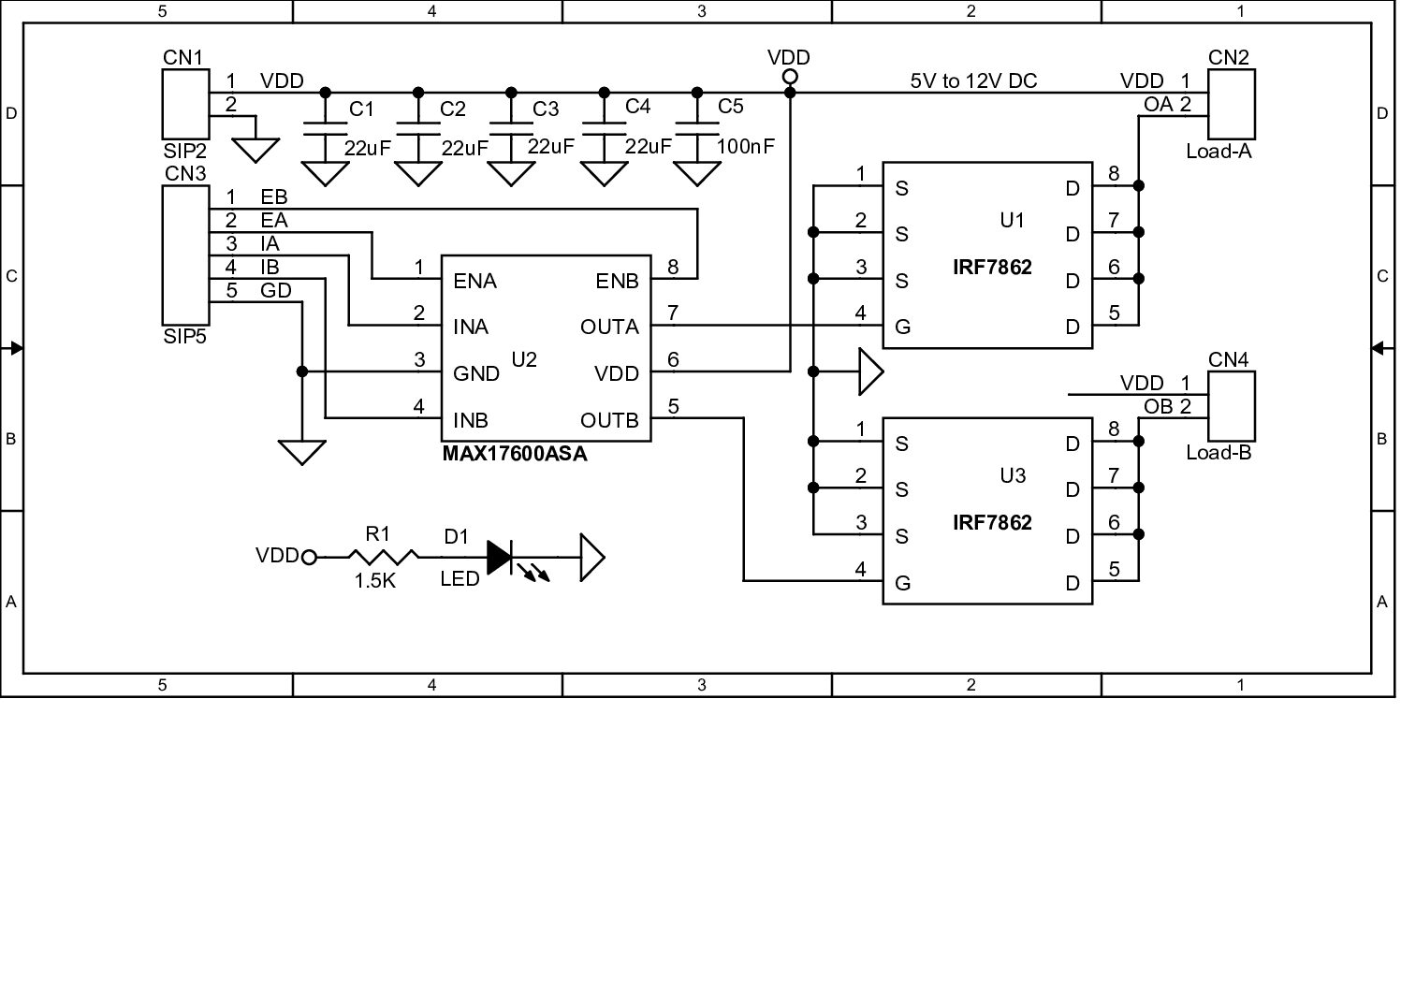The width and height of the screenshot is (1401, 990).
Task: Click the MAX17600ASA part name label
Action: coord(515,455)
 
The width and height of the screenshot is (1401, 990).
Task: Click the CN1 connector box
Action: coord(184,104)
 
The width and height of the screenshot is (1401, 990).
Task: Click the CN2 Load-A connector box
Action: coord(1232,104)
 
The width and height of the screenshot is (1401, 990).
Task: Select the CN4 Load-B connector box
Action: coord(1232,405)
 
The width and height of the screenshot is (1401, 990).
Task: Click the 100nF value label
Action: coord(746,147)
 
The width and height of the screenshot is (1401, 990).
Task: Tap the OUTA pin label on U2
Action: coord(609,328)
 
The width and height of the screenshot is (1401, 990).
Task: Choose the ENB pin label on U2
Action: coord(617,282)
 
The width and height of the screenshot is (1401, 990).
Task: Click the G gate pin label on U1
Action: coord(902,328)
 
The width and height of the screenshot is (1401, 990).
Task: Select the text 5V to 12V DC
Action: coord(973,81)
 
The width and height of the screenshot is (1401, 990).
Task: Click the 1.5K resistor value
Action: coord(375,581)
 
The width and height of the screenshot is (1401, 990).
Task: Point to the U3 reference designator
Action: coord(1013,476)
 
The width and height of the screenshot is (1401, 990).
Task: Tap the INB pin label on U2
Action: coord(471,421)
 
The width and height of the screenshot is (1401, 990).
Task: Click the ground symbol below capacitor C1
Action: coord(325,173)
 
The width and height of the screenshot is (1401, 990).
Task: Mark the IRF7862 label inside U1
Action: coord(992,268)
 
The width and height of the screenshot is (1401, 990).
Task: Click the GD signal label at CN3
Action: coord(276,291)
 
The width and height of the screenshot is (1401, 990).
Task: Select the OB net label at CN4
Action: coord(1158,407)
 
